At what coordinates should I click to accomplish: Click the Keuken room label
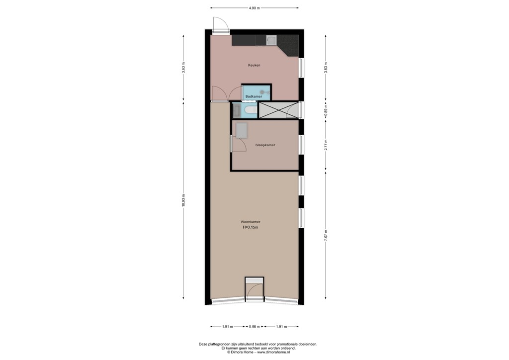(x=254, y=65)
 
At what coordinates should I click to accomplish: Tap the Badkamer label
(x=254, y=96)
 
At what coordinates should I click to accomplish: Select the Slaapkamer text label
(x=265, y=145)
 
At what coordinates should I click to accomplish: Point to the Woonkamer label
(x=251, y=222)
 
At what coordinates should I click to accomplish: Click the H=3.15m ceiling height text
(x=251, y=228)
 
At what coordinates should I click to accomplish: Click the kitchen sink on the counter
(x=272, y=40)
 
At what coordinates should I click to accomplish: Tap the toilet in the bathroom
(x=249, y=110)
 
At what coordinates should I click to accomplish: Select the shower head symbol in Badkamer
(x=262, y=91)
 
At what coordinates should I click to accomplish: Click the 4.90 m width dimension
(x=254, y=8)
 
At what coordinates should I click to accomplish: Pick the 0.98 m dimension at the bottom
(x=254, y=327)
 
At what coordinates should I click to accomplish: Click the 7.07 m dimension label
(x=326, y=234)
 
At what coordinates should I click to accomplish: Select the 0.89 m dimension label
(x=326, y=110)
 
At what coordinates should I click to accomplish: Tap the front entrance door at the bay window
(x=254, y=289)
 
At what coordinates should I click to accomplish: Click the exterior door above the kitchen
(x=219, y=24)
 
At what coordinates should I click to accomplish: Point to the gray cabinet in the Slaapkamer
(x=242, y=130)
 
